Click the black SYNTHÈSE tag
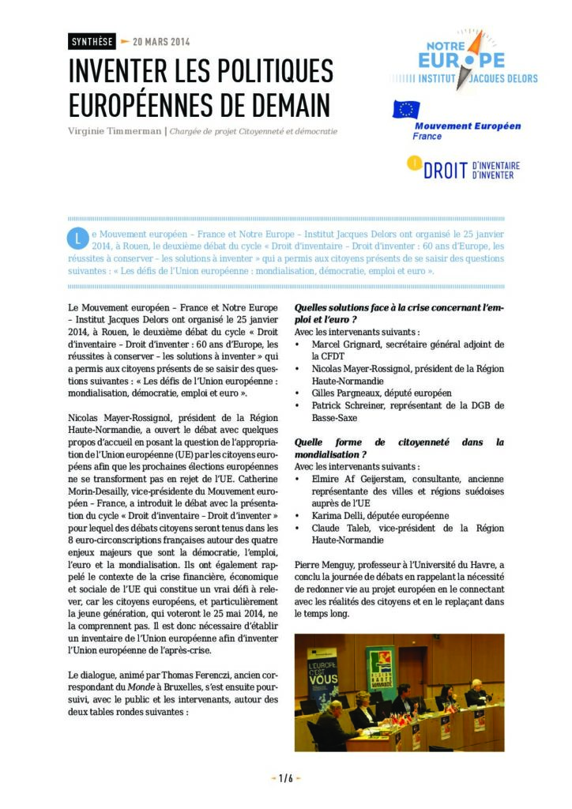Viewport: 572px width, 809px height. coord(92,42)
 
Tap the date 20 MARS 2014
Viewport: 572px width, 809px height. coord(161,42)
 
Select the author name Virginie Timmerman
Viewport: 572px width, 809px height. coord(114,131)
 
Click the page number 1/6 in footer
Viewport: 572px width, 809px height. coord(286,778)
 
